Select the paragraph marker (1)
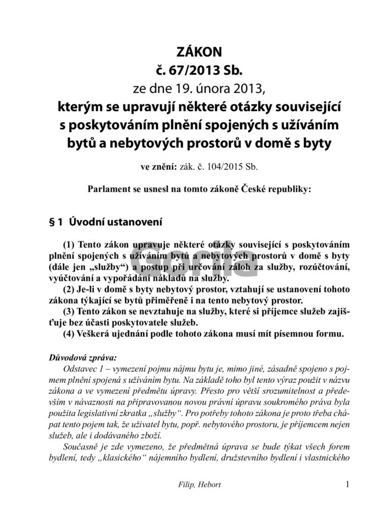tap(70, 244)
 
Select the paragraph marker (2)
tap(70, 289)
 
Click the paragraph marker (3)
tap(70, 312)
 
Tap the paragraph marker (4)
tap(70, 334)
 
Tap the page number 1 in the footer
tap(347, 484)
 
